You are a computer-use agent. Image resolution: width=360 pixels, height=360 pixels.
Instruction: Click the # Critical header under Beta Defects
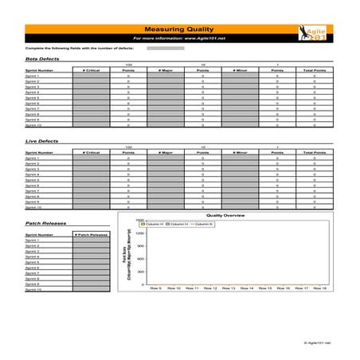pos(91,70)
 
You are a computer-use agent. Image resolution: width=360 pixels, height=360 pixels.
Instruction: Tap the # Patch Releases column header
pos(91,235)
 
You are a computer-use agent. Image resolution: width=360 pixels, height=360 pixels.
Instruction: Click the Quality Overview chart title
pos(225,215)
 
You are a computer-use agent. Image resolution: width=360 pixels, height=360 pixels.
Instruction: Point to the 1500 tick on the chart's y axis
pos(139,221)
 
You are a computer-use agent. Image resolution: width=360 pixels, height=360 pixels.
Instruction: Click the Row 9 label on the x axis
pos(155,288)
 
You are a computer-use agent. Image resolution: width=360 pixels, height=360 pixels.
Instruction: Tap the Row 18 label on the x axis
pos(319,288)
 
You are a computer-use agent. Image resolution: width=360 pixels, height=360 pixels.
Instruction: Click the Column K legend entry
pos(204,225)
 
